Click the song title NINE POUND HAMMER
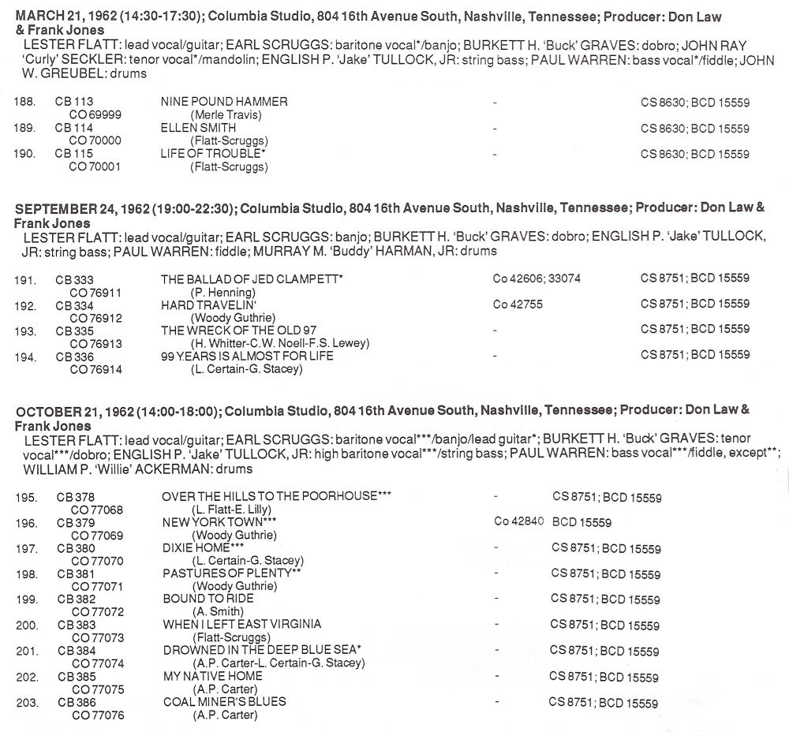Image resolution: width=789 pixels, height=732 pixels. (x=224, y=102)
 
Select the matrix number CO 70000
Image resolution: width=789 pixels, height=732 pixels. (x=92, y=140)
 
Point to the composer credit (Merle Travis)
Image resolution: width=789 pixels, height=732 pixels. (x=225, y=115)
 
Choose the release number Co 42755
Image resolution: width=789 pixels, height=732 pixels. (x=518, y=304)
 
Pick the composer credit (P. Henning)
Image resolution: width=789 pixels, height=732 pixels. (x=222, y=292)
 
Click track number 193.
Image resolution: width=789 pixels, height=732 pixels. (x=25, y=330)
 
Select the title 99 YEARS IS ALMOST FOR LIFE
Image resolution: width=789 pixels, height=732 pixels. (x=247, y=356)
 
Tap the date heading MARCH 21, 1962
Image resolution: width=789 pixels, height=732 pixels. (x=59, y=17)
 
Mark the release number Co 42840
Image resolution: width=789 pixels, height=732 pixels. (x=518, y=521)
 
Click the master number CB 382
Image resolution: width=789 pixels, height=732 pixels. (x=77, y=599)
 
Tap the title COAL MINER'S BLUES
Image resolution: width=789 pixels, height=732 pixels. (x=224, y=701)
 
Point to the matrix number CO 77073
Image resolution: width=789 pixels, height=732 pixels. (x=98, y=637)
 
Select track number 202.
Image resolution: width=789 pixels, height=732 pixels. (x=26, y=676)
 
